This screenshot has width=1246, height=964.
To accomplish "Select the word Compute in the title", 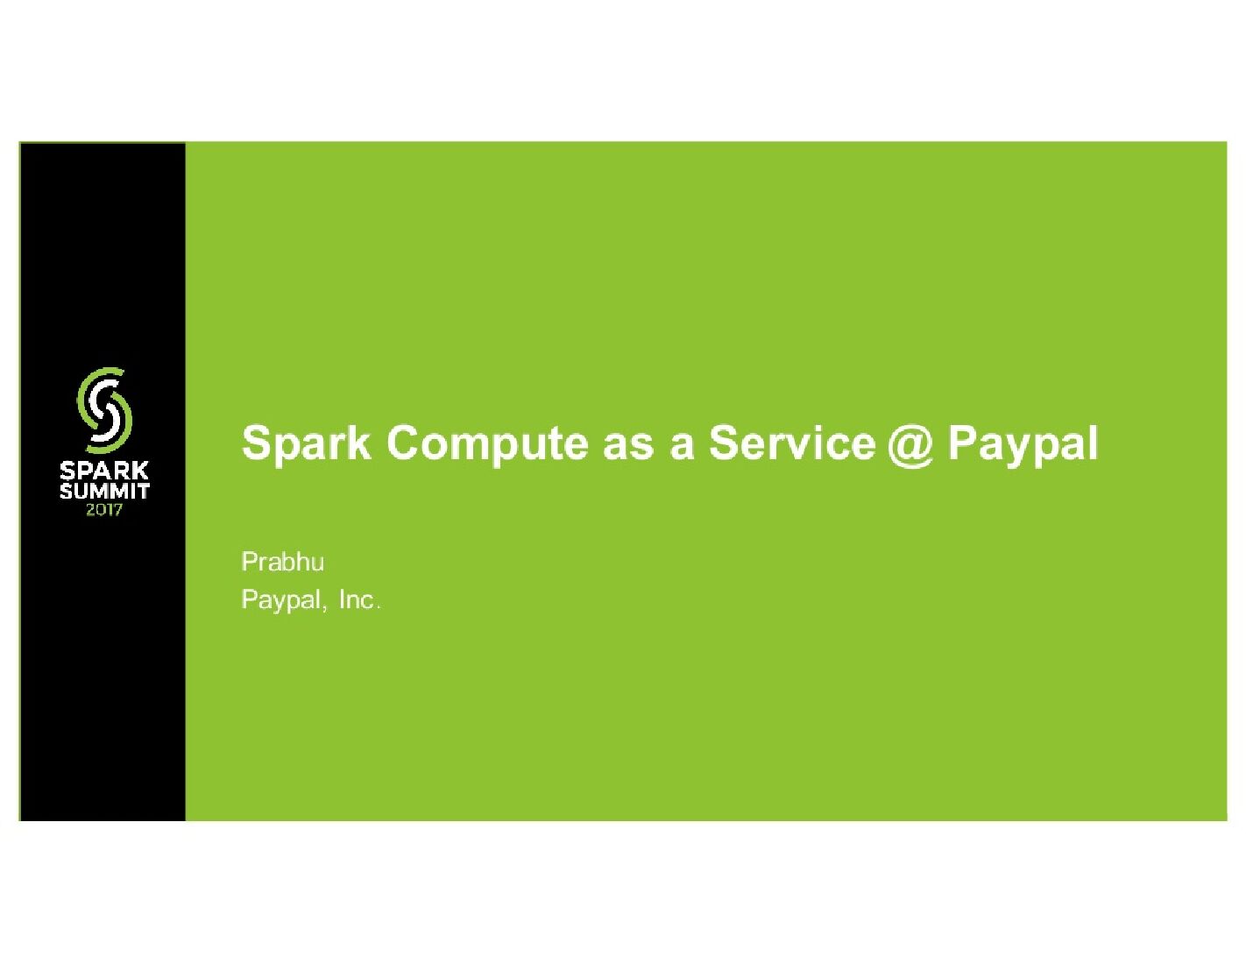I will [x=487, y=443].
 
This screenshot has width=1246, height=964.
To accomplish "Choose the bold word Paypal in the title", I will [x=1023, y=443].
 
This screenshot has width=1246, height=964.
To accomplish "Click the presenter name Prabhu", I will [x=282, y=562].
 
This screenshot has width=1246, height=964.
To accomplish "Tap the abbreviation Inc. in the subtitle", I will [x=359, y=600].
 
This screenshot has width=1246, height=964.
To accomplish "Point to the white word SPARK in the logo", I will [x=104, y=471].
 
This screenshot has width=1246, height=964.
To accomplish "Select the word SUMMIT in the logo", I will [x=104, y=491].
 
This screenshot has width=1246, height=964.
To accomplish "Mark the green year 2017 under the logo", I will [x=104, y=509].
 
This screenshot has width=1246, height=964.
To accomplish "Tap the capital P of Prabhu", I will [x=248, y=562].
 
